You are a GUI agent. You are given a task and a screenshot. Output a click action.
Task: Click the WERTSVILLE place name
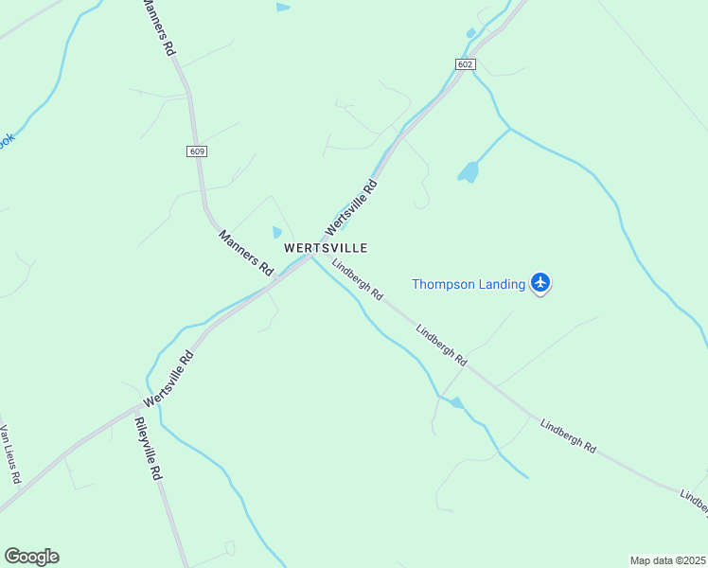click(x=326, y=247)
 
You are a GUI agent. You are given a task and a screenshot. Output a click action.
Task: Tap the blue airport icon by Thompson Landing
click(x=540, y=282)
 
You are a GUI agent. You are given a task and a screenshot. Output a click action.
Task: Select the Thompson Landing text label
click(x=468, y=284)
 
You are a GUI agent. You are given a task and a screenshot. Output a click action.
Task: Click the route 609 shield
click(x=197, y=151)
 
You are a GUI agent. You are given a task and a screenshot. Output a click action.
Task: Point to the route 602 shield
click(x=464, y=64)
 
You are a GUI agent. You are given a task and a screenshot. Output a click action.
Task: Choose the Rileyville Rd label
click(x=146, y=450)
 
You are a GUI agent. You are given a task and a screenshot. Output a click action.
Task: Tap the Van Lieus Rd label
click(x=9, y=454)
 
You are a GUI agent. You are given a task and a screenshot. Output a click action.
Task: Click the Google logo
click(x=31, y=557)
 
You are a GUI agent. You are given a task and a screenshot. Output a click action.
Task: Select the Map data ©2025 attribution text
click(x=667, y=559)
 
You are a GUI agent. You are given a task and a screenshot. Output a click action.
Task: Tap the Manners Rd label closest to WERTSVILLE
click(x=245, y=252)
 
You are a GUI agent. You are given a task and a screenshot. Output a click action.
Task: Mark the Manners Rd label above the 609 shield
click(x=157, y=27)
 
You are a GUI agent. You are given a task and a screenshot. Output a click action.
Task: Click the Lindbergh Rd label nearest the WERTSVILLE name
click(x=357, y=280)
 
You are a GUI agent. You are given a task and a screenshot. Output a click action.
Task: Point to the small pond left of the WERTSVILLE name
click(x=277, y=232)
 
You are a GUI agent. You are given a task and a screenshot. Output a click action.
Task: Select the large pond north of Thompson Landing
click(x=469, y=171)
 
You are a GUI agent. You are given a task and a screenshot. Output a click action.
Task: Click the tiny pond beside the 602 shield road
click(x=470, y=34)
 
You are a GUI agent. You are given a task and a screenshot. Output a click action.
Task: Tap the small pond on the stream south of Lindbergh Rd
click(x=456, y=402)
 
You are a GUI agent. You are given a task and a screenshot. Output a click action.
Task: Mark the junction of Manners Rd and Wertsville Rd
click(x=275, y=279)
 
